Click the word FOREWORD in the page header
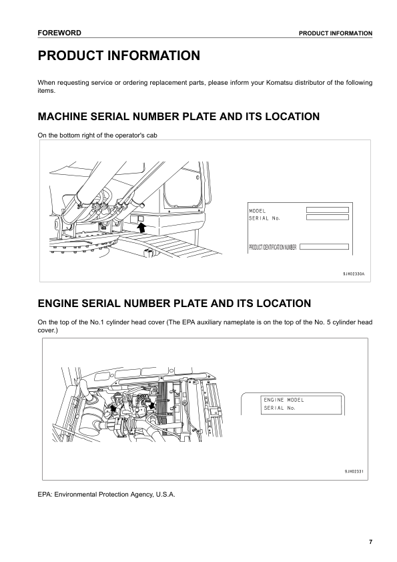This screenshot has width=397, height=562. click(59, 33)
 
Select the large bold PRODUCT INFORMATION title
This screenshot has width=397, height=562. click(119, 56)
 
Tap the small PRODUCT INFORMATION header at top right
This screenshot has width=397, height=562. click(335, 33)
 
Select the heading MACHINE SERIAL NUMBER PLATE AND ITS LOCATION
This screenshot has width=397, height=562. click(179, 117)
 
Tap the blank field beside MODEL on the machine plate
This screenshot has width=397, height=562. click(327, 210)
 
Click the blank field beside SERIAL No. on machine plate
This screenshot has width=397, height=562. click(327, 216)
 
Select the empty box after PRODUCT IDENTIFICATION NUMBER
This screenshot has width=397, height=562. click(324, 247)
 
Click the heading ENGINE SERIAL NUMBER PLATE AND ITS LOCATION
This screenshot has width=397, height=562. click(175, 304)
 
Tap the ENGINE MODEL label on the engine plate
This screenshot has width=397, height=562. click(284, 400)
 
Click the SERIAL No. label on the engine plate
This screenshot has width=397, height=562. click(280, 407)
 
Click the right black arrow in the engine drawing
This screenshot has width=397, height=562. click(153, 404)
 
